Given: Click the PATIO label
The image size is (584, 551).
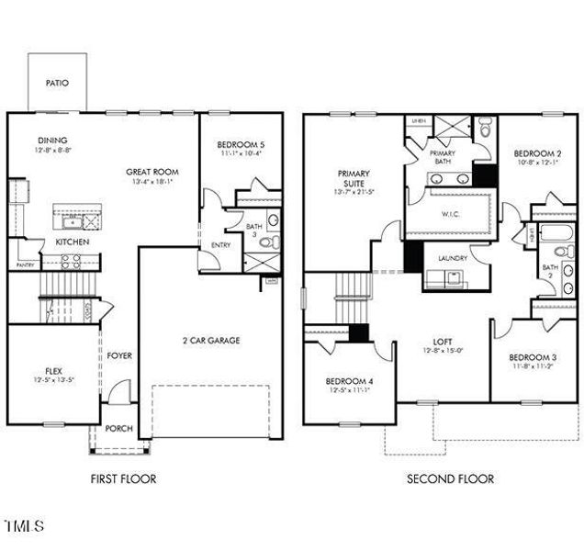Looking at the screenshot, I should [57, 82].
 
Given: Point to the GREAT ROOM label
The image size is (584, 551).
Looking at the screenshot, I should [152, 172].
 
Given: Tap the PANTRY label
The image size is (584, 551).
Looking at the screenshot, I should [25, 265].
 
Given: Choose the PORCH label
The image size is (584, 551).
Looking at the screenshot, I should [119, 429].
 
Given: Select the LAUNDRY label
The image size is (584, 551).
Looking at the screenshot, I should [453, 258].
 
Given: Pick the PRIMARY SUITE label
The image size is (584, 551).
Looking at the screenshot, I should [354, 177].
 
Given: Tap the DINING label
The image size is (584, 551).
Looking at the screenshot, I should [51, 141].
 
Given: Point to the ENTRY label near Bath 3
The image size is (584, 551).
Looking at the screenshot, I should [220, 245].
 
